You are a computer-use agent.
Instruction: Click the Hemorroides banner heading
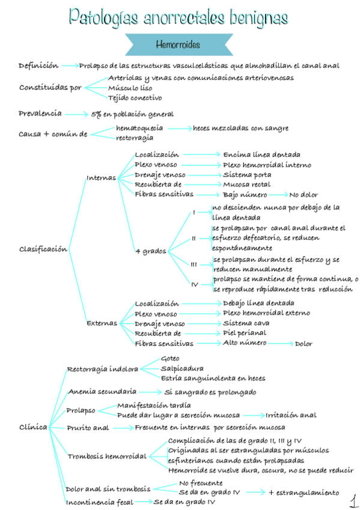pyautogui.click(x=177, y=45)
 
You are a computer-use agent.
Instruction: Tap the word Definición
pyautogui.click(x=38, y=66)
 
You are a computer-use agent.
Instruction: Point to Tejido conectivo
pyautogui.click(x=135, y=97)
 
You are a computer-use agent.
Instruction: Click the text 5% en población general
pyautogui.click(x=132, y=114)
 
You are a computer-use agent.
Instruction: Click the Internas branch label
pyautogui.click(x=102, y=177)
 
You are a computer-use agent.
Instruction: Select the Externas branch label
pyautogui.click(x=102, y=322)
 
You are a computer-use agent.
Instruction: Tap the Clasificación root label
pyautogui.click(x=43, y=249)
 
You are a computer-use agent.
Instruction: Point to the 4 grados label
pyautogui.click(x=150, y=250)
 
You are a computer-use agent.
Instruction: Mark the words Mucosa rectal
pyautogui.click(x=246, y=185)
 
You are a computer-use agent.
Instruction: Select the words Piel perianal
pyautogui.click(x=245, y=333)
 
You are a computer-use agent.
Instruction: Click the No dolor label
pyautogui.click(x=304, y=195)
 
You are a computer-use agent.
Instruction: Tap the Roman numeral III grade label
pyautogui.click(x=194, y=264)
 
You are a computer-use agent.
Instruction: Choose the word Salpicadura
pyautogui.click(x=182, y=368)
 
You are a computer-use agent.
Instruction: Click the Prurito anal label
pyautogui.click(x=88, y=428)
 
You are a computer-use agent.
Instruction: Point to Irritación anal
pyautogui.click(x=291, y=415)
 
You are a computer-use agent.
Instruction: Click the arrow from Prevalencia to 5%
pyautogui.click(x=76, y=114)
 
